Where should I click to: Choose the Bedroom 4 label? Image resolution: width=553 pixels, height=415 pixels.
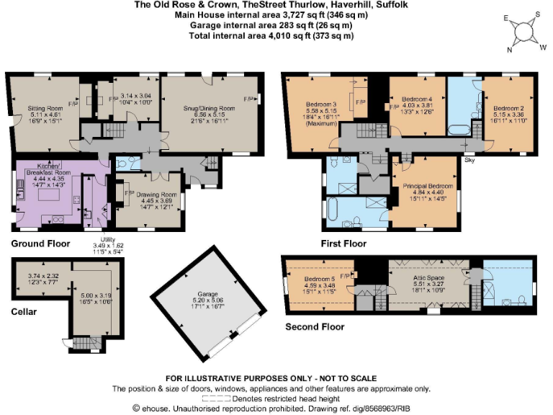point(416,99)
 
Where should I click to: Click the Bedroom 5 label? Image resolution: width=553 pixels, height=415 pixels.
point(319,279)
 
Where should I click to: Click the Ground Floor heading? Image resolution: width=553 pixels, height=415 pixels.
point(40,244)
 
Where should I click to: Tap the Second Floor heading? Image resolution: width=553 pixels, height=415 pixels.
point(315,326)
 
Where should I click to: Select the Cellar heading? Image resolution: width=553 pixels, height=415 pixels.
point(24,312)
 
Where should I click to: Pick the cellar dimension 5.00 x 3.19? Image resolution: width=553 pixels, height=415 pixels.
point(91,295)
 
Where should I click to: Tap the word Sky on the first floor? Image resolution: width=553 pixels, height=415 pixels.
point(469,160)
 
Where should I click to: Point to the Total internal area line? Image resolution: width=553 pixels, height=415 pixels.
point(276,35)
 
